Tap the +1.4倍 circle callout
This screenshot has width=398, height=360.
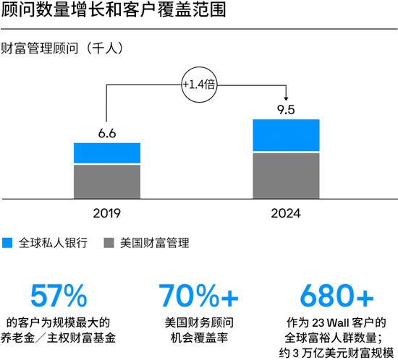pyautogui.click(x=198, y=85)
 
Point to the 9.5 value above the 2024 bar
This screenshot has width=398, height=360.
pyautogui.click(x=287, y=110)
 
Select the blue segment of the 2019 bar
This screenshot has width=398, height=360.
pyautogui.click(x=107, y=153)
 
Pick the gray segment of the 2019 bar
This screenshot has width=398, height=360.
pyautogui.click(x=107, y=181)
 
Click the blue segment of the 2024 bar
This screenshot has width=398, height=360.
pyautogui.click(x=287, y=135)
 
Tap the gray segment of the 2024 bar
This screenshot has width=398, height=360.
pyautogui.click(x=287, y=174)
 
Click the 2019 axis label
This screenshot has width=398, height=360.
pyautogui.click(x=107, y=213)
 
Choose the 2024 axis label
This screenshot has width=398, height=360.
pyautogui.click(x=287, y=213)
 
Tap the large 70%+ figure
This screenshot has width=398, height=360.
pyautogui.click(x=198, y=296)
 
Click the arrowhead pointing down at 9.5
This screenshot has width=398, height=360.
pyautogui.click(x=287, y=98)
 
